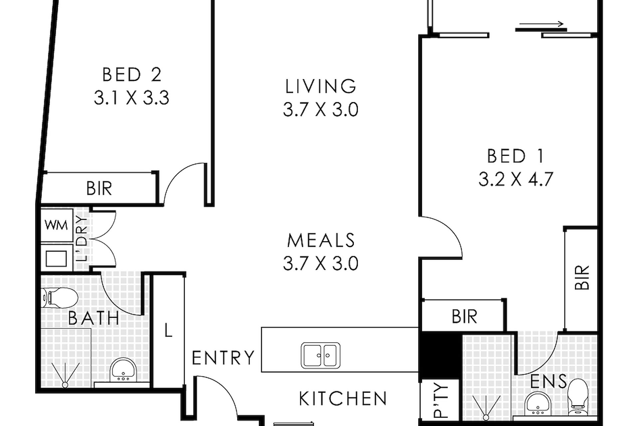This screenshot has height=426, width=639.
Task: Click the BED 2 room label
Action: pyautogui.click(x=132, y=75)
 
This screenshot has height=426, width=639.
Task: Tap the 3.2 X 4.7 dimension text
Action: pyautogui.click(x=516, y=179)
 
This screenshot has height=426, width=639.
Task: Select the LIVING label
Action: pyautogui.click(x=321, y=86)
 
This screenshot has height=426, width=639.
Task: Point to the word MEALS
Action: pyautogui.click(x=321, y=240)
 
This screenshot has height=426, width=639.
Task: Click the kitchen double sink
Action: pyautogui.click(x=320, y=355)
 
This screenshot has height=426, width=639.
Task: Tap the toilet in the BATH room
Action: pyautogui.click(x=60, y=298)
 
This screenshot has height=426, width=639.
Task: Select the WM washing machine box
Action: pyautogui.click(x=57, y=225)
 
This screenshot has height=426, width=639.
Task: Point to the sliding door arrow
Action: pyautogui.click(x=541, y=24)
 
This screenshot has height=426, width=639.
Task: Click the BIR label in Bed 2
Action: pyautogui.click(x=99, y=188)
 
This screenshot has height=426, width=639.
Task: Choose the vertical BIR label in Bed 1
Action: pyautogui.click(x=582, y=277)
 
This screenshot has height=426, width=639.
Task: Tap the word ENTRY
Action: pyautogui.click(x=223, y=358)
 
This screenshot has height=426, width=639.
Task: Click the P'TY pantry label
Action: pyautogui.click(x=441, y=400)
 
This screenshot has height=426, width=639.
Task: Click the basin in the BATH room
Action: pyautogui.click(x=123, y=370)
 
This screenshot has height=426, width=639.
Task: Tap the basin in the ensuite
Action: pyautogui.click(x=538, y=404)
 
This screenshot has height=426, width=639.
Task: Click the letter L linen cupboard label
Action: pyautogui.click(x=168, y=330)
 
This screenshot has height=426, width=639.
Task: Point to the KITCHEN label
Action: pyautogui.click(x=343, y=398)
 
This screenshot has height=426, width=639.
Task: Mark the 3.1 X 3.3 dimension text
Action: pyautogui.click(x=131, y=98)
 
